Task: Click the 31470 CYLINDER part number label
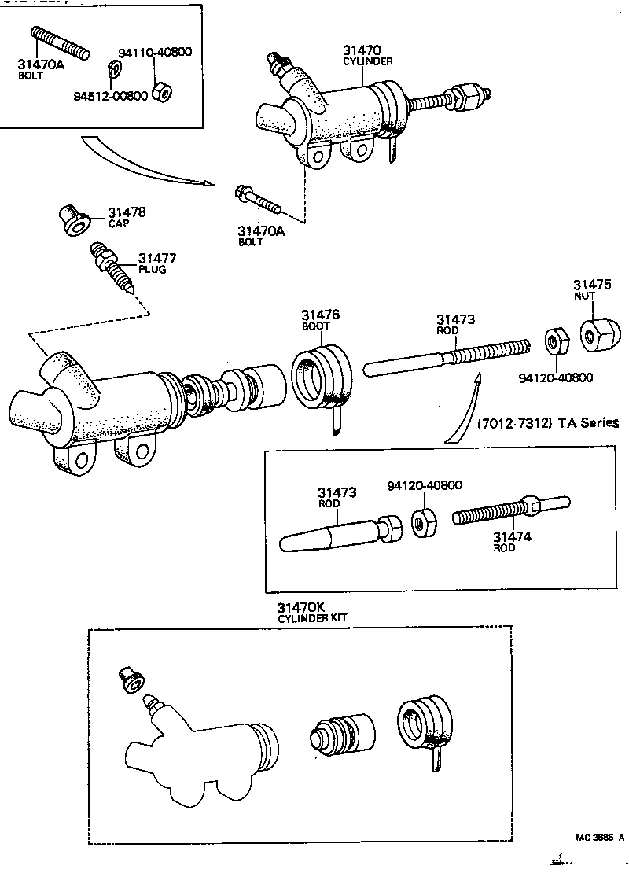point(367,55)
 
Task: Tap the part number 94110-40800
point(155,53)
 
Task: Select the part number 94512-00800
point(110,96)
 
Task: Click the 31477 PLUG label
point(156,263)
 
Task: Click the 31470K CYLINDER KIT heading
point(311,613)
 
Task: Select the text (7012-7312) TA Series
point(547,423)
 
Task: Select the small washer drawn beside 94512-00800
point(114,69)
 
